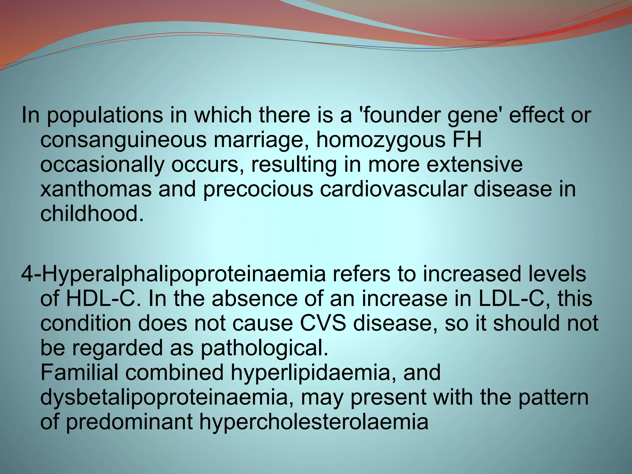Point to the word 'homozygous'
coord(380,140)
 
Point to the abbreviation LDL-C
coord(508,299)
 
